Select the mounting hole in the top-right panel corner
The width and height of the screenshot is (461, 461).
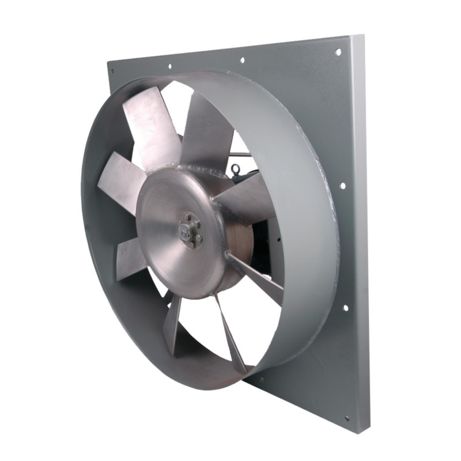click(x=338, y=52)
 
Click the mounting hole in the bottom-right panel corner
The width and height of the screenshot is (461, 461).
click(x=346, y=419)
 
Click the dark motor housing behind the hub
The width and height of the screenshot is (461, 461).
click(x=262, y=254)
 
